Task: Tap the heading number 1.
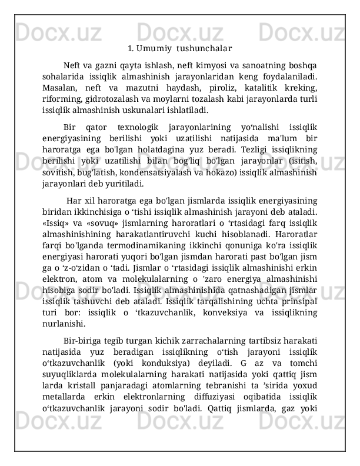132,48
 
